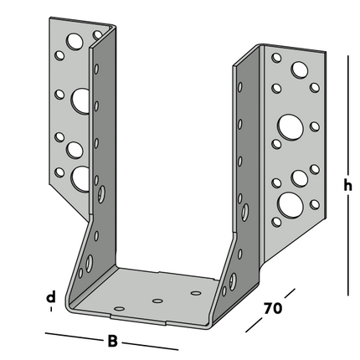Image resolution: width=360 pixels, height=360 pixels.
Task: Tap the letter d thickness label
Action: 51,297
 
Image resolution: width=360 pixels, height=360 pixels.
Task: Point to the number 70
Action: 272,309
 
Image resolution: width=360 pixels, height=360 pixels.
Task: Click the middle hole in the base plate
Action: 157,299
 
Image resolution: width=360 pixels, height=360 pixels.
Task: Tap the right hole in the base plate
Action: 196,292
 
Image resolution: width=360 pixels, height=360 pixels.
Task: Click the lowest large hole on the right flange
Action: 289,203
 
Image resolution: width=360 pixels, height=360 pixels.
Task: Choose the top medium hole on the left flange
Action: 75,40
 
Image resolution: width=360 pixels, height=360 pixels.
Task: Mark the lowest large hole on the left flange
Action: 81,177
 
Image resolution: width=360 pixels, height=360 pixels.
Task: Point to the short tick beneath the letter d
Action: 51,310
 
